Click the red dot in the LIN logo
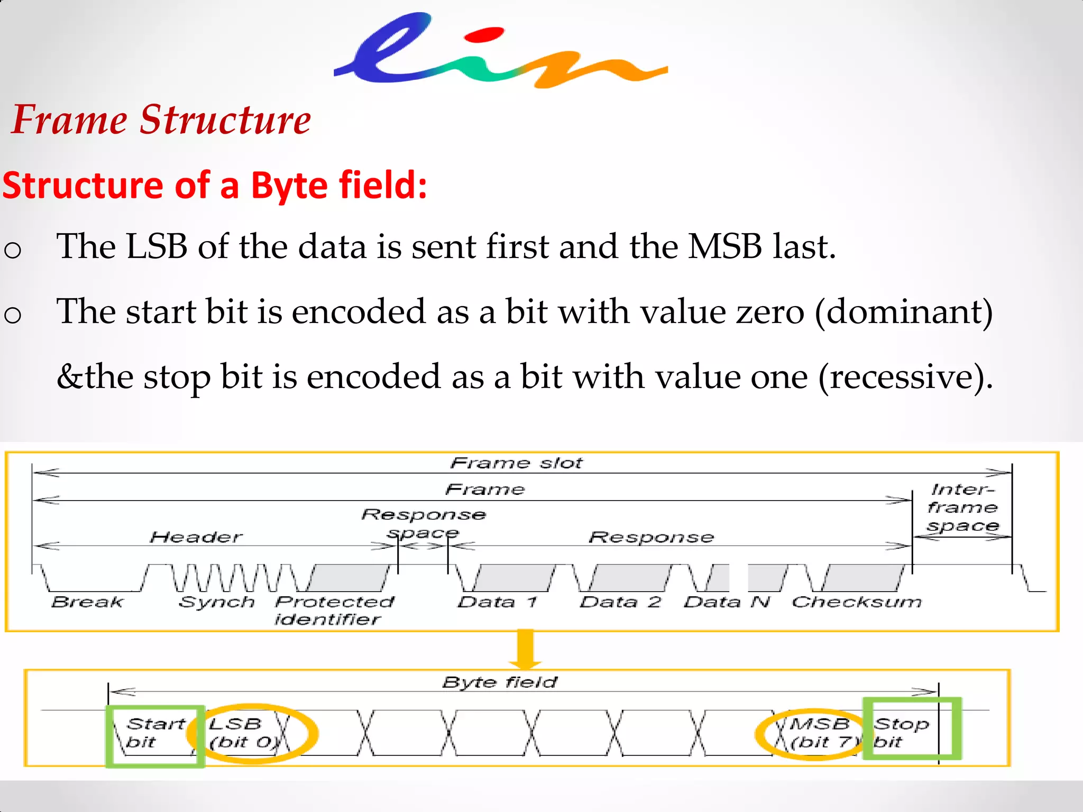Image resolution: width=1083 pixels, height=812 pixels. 484,35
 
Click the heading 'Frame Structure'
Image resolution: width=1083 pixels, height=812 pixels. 161,119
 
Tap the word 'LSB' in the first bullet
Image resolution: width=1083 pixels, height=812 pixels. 157,246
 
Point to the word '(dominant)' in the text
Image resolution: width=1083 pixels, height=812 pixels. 904,311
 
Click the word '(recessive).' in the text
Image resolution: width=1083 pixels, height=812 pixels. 906,377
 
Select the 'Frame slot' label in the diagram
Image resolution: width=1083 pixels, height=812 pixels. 516,463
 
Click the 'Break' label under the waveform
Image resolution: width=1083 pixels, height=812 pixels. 87,602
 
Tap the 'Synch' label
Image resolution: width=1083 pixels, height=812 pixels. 217,602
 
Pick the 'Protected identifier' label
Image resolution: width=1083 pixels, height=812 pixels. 334,610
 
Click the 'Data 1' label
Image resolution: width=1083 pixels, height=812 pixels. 498,602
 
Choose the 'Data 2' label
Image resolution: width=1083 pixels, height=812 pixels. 620,602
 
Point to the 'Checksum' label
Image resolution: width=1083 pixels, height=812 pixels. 856,602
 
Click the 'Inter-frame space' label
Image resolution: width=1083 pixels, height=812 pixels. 962,508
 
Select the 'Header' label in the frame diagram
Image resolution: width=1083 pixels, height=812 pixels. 196,537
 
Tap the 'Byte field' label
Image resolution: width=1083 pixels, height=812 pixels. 500,682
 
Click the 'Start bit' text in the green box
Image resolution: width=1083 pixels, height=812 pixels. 149,733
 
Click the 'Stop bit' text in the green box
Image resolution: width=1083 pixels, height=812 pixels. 901,733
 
